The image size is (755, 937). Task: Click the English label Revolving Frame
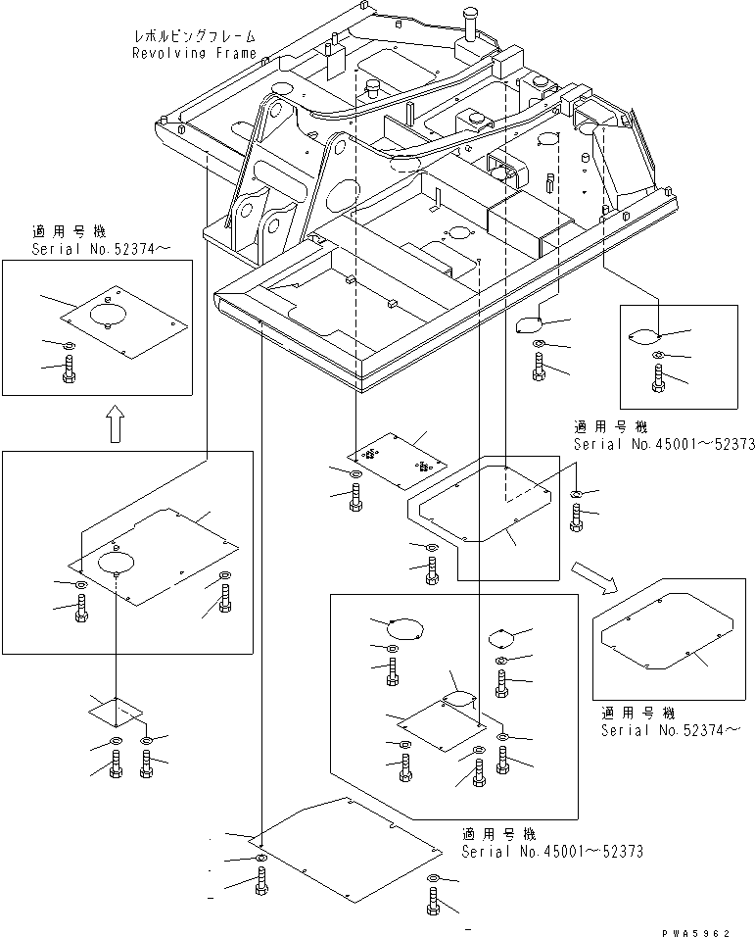click(x=194, y=53)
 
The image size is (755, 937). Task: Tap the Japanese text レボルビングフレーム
click(x=194, y=36)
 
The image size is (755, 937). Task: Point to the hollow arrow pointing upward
click(x=115, y=424)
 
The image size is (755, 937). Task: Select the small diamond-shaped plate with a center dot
click(x=115, y=709)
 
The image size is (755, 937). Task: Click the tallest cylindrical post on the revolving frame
click(x=466, y=22)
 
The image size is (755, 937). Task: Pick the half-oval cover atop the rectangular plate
click(x=457, y=698)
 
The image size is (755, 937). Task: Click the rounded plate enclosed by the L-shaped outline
click(x=483, y=501)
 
